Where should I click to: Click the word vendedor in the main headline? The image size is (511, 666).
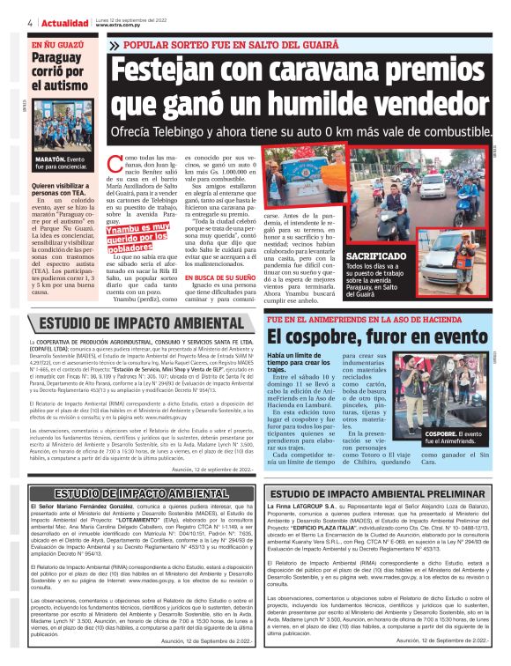point(406,106)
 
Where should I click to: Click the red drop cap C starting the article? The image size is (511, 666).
point(112,162)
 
